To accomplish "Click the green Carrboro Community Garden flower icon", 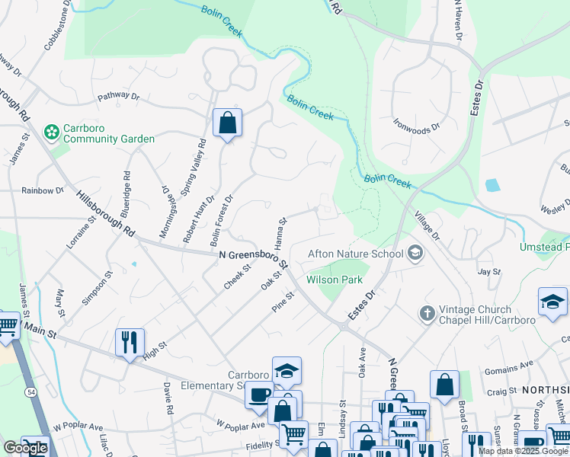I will [x=52, y=133].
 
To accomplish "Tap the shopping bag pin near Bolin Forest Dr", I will [x=227, y=123].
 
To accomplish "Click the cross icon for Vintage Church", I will [x=427, y=314].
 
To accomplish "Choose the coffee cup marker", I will [x=259, y=395].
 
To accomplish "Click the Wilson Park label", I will [x=334, y=280].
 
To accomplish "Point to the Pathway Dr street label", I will [x=118, y=97].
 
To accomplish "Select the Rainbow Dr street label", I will [x=43, y=190].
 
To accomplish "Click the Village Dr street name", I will [x=427, y=226].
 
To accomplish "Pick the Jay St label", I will [x=488, y=271].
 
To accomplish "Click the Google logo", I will [x=25, y=448].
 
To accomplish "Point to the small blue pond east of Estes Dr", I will [x=492, y=184].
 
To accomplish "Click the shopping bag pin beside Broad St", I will [x=444, y=385].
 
